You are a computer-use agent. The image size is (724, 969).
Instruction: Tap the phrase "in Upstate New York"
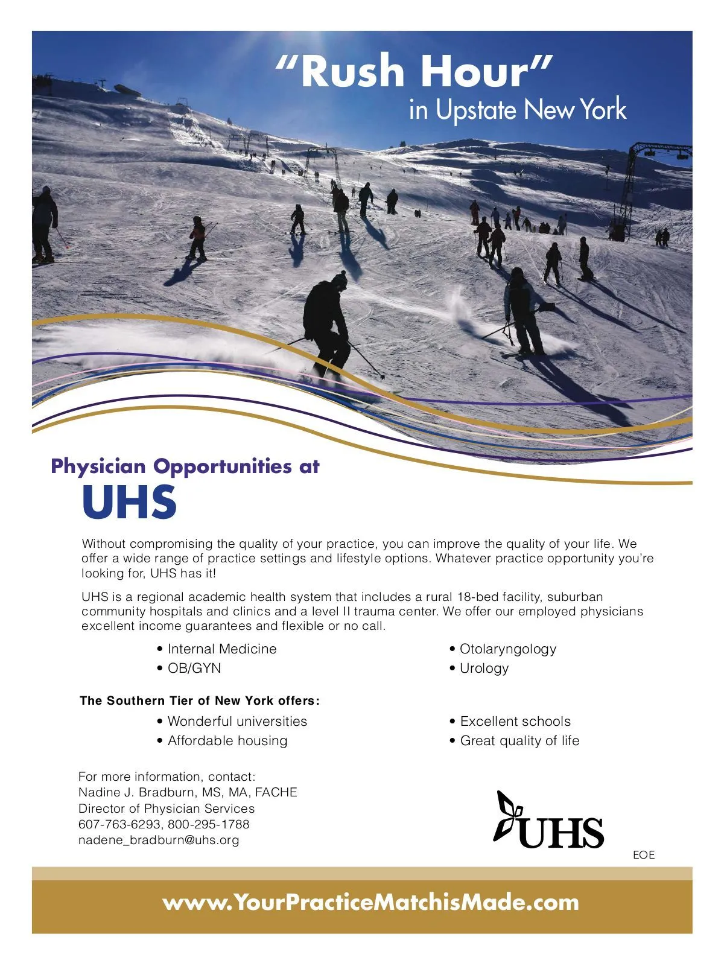coord(517,110)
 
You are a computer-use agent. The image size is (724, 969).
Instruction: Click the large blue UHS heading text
coord(129,503)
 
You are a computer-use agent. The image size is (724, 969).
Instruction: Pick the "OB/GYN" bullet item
coord(194,669)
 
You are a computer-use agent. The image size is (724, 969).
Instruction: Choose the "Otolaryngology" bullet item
coord(507,649)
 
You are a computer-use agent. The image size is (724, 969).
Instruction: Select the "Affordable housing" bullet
coord(227,741)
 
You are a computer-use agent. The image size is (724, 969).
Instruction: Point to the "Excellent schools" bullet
coord(515,722)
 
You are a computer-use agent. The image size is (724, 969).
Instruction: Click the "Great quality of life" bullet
coord(519,741)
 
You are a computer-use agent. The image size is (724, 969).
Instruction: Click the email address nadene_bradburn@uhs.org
coord(159,840)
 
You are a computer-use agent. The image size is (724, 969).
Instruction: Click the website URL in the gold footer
coord(370,903)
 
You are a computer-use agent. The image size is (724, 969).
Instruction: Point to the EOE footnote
coord(643,855)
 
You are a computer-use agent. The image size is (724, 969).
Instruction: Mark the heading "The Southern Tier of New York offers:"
coord(200,701)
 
